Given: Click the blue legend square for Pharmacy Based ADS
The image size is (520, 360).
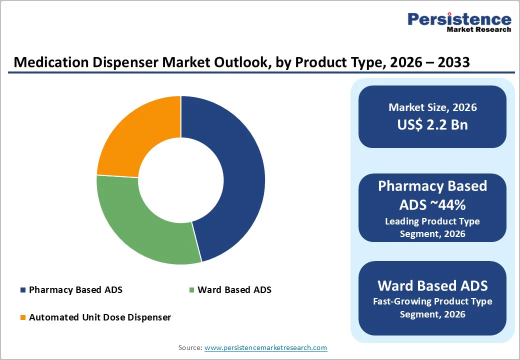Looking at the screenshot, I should pyautogui.click(x=22, y=290).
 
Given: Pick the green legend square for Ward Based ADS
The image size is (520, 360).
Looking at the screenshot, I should pyautogui.click(x=191, y=290).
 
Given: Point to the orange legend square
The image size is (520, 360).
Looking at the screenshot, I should pyautogui.click(x=22, y=317).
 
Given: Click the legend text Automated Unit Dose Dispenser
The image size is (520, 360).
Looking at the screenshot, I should pyautogui.click(x=100, y=317).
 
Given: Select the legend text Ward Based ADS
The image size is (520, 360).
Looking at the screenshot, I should pyautogui.click(x=234, y=289).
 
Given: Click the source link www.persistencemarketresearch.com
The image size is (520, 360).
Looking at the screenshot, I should pyautogui.click(x=265, y=347).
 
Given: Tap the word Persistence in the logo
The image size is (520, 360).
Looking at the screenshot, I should pyautogui.click(x=459, y=19).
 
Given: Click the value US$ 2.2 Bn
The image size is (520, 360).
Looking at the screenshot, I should pyautogui.click(x=432, y=124).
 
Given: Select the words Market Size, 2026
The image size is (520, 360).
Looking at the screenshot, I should pyautogui.click(x=432, y=107).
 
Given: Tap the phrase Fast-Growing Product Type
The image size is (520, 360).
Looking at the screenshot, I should pyautogui.click(x=432, y=301).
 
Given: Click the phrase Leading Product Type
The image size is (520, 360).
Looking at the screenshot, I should pyautogui.click(x=432, y=221).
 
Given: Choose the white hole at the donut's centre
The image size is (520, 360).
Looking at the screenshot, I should pyautogui.click(x=180, y=180).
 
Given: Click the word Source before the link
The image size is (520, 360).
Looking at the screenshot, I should pyautogui.click(x=189, y=347).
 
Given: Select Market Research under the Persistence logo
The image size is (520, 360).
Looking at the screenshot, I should pyautogui.click(x=478, y=29).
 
